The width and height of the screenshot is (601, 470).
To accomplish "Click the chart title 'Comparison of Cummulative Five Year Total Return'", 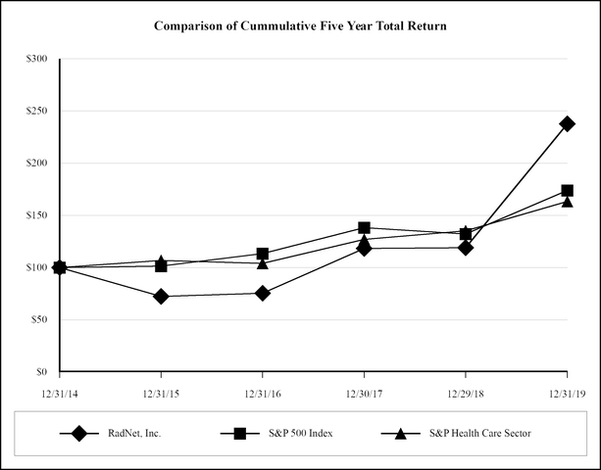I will (x=300, y=25).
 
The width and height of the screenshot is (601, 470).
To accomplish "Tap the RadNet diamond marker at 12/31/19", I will (x=567, y=123).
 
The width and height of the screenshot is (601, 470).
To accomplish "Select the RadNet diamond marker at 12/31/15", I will (x=161, y=296).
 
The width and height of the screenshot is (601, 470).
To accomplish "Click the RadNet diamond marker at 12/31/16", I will (x=262, y=293).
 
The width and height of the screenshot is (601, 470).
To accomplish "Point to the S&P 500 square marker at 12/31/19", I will (x=567, y=191).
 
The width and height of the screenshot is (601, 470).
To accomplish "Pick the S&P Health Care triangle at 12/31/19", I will (x=567, y=202).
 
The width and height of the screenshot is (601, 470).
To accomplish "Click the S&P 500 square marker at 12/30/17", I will (x=364, y=227).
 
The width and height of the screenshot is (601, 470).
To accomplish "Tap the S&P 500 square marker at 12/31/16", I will (x=262, y=254).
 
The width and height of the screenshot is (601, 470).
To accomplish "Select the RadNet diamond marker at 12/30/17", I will (x=364, y=249).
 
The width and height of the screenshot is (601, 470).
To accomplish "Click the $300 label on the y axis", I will (x=36, y=59).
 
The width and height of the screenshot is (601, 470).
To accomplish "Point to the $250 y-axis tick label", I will (x=36, y=111).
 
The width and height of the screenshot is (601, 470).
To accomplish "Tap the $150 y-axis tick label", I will (x=36, y=214).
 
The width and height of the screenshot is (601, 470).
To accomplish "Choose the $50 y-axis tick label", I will (x=38, y=319).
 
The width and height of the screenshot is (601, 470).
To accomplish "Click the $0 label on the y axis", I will (x=41, y=371).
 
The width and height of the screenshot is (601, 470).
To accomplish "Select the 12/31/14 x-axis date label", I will (x=60, y=392).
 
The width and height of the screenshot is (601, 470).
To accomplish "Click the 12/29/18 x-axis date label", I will (x=465, y=392).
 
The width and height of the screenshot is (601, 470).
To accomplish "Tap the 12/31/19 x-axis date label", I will (x=567, y=392).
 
